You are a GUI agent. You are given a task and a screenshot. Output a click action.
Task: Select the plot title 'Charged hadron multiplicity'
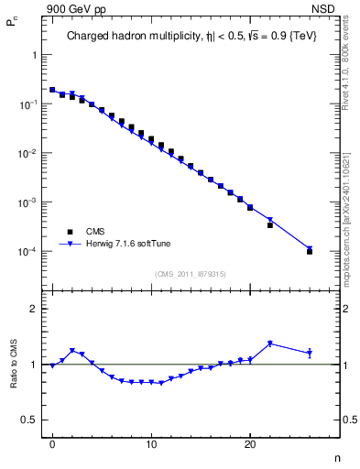tap(123, 38)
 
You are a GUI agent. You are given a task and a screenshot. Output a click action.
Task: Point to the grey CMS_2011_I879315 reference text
tap(192, 272)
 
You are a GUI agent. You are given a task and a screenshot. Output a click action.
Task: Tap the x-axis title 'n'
tap(336, 457)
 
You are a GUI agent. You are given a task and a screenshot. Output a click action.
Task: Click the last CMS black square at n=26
tap(310, 251)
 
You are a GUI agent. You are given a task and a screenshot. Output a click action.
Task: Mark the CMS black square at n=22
tap(270, 224)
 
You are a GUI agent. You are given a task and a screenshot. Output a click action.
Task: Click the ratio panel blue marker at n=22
tap(270, 344)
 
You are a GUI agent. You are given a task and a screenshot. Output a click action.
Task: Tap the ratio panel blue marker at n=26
tap(310, 353)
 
